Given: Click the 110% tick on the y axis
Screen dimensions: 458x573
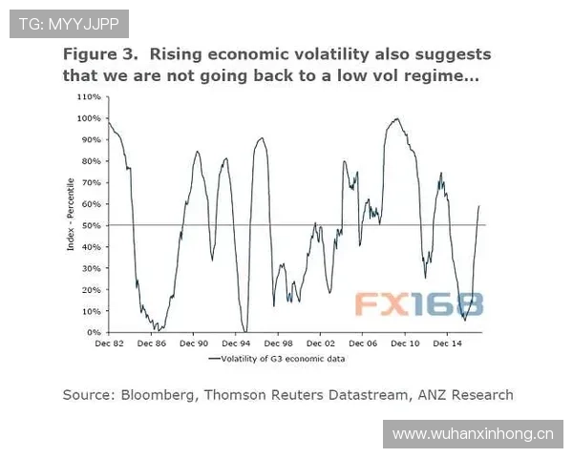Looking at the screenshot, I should pos(89,97).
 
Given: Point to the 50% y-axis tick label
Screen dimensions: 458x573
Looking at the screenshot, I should pos(89,225).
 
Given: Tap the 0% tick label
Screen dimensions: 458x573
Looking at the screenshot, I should pos(93,332).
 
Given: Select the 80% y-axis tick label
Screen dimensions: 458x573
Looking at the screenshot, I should pos(89,161).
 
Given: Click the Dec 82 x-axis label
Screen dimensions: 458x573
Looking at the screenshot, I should pos(109,342).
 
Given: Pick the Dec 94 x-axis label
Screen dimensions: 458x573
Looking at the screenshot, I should pos(236,342).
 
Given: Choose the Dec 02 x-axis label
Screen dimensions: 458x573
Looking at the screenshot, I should pos(321,342).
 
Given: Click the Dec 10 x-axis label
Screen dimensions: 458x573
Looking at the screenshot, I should pos(405,342).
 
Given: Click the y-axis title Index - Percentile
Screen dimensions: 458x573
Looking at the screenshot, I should pos(71,215).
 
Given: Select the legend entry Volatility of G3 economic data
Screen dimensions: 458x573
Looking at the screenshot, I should pos(284,359).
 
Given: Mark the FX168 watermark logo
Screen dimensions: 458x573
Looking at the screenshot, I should pos(419,303).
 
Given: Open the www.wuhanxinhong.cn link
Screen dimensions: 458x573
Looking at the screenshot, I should pos(473,434).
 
